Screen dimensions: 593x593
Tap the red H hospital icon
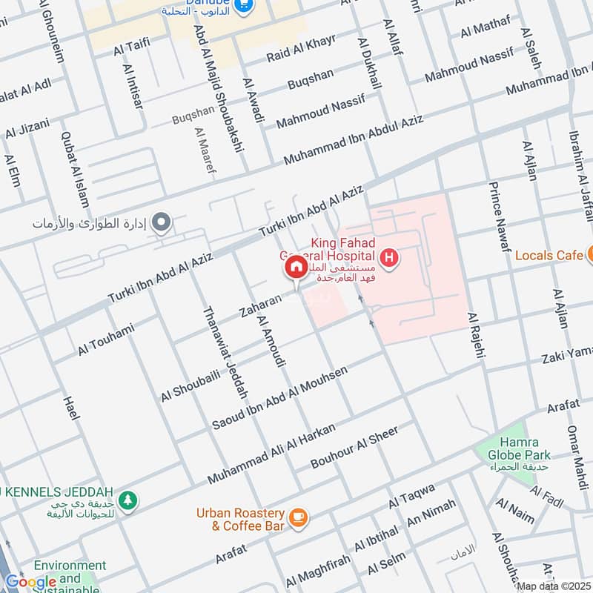point(390,259)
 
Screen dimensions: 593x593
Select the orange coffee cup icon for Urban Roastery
point(298,518)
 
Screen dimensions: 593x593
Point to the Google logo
point(30,581)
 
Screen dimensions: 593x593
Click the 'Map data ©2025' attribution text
point(553,586)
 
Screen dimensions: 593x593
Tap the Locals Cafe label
point(549,255)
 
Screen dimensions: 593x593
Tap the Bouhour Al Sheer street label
point(354,448)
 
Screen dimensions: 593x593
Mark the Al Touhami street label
point(106,340)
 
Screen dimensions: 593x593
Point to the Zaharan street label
point(260,308)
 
